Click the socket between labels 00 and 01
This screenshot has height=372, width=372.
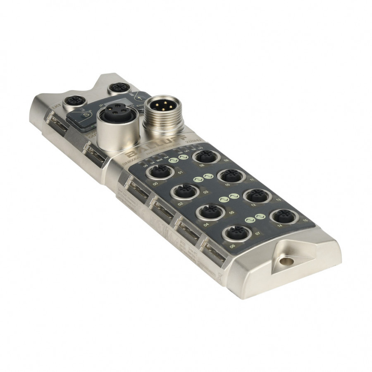point(160,172)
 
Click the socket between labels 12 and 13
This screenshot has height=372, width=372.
point(255,196)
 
